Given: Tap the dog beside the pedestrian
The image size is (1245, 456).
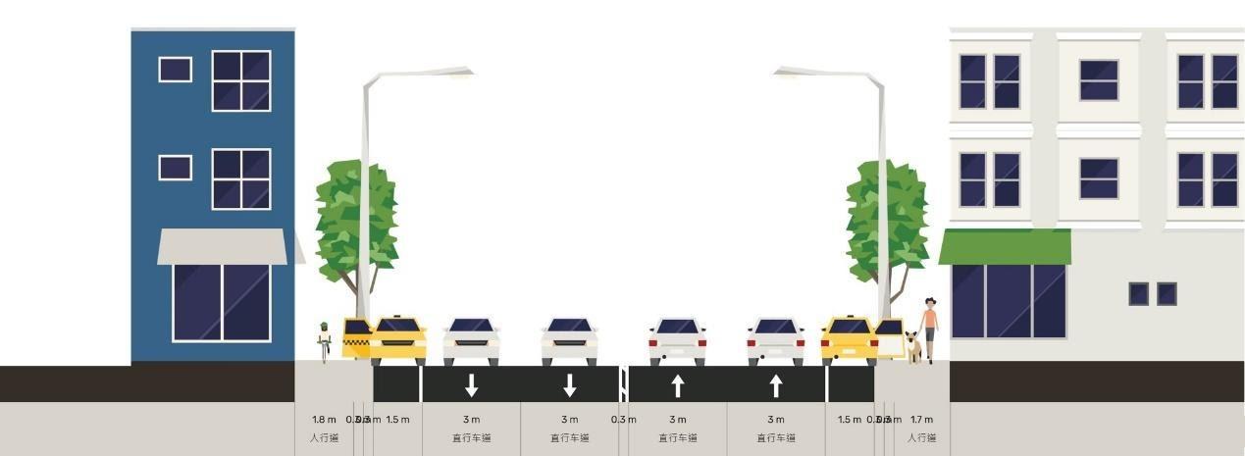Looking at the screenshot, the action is click(913, 346).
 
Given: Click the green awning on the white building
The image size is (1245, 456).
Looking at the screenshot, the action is click(1005, 246).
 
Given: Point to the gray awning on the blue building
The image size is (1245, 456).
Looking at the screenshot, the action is click(223, 246).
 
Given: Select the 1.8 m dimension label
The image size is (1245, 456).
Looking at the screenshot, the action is click(324, 420).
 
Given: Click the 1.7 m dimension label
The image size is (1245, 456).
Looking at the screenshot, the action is click(921, 420).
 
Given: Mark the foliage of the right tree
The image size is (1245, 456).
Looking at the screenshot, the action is click(886, 221).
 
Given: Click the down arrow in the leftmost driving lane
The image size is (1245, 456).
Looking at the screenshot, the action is click(471, 385).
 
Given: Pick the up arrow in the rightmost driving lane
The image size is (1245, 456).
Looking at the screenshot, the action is click(776, 385).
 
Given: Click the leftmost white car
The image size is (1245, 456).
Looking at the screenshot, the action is click(471, 340).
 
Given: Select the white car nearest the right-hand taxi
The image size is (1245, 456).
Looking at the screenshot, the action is click(775, 340).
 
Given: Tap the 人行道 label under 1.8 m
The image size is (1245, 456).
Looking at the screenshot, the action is click(324, 438).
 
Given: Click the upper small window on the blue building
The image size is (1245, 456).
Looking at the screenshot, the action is click(175, 69).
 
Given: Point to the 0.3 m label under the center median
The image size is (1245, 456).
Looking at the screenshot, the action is click(623, 420).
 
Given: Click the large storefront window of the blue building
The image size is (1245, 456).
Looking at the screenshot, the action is click(222, 302).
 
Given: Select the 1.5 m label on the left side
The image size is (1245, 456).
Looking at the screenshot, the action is click(397, 420).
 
